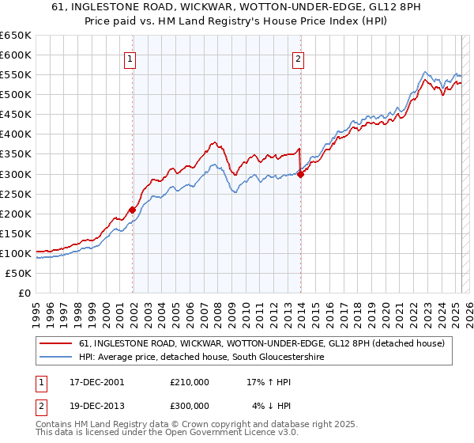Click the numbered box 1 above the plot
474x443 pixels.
click(129, 58)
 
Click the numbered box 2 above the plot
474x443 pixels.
click(298, 58)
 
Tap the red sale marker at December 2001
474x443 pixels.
click(132, 210)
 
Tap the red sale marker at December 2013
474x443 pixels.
click(300, 175)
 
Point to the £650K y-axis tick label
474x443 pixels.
click(15, 36)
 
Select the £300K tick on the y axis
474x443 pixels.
click(15, 174)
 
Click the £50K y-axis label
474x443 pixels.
click(18, 273)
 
